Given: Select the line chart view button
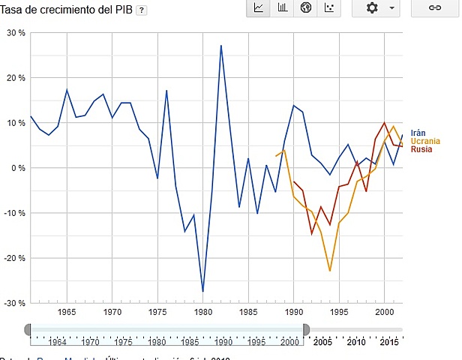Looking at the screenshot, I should (259, 7).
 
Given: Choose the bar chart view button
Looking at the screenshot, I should (282, 7).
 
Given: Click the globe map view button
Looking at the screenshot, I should (305, 7).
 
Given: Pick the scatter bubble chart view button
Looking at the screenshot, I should (328, 7).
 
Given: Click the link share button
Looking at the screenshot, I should (434, 7).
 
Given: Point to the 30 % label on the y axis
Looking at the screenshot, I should (16, 33).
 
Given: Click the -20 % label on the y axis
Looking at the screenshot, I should (14, 258).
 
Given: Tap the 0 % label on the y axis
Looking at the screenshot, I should (18, 168).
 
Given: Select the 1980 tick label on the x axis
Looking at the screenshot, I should (203, 310).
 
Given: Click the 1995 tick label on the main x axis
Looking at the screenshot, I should (339, 310).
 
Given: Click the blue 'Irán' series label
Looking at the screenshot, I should (418, 133).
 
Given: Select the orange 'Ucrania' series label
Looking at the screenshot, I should (424, 142).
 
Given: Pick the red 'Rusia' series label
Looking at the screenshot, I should (421, 149).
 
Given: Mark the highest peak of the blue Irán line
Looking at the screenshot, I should (220, 46).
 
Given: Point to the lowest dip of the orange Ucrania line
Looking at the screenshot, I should (330, 271).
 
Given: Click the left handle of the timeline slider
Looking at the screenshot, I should (28, 329).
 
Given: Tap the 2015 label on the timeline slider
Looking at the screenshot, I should (388, 342).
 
